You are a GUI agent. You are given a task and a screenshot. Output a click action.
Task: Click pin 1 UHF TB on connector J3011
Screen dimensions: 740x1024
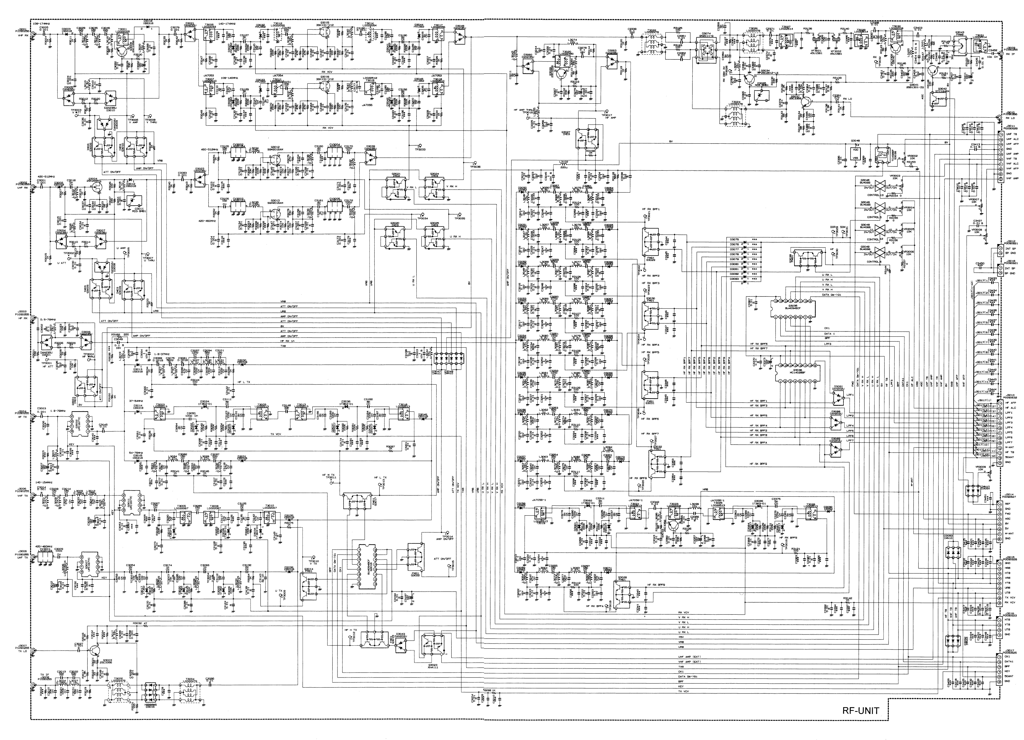(x=999, y=134)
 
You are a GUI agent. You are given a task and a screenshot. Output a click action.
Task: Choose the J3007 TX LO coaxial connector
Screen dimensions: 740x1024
(x=32, y=651)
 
